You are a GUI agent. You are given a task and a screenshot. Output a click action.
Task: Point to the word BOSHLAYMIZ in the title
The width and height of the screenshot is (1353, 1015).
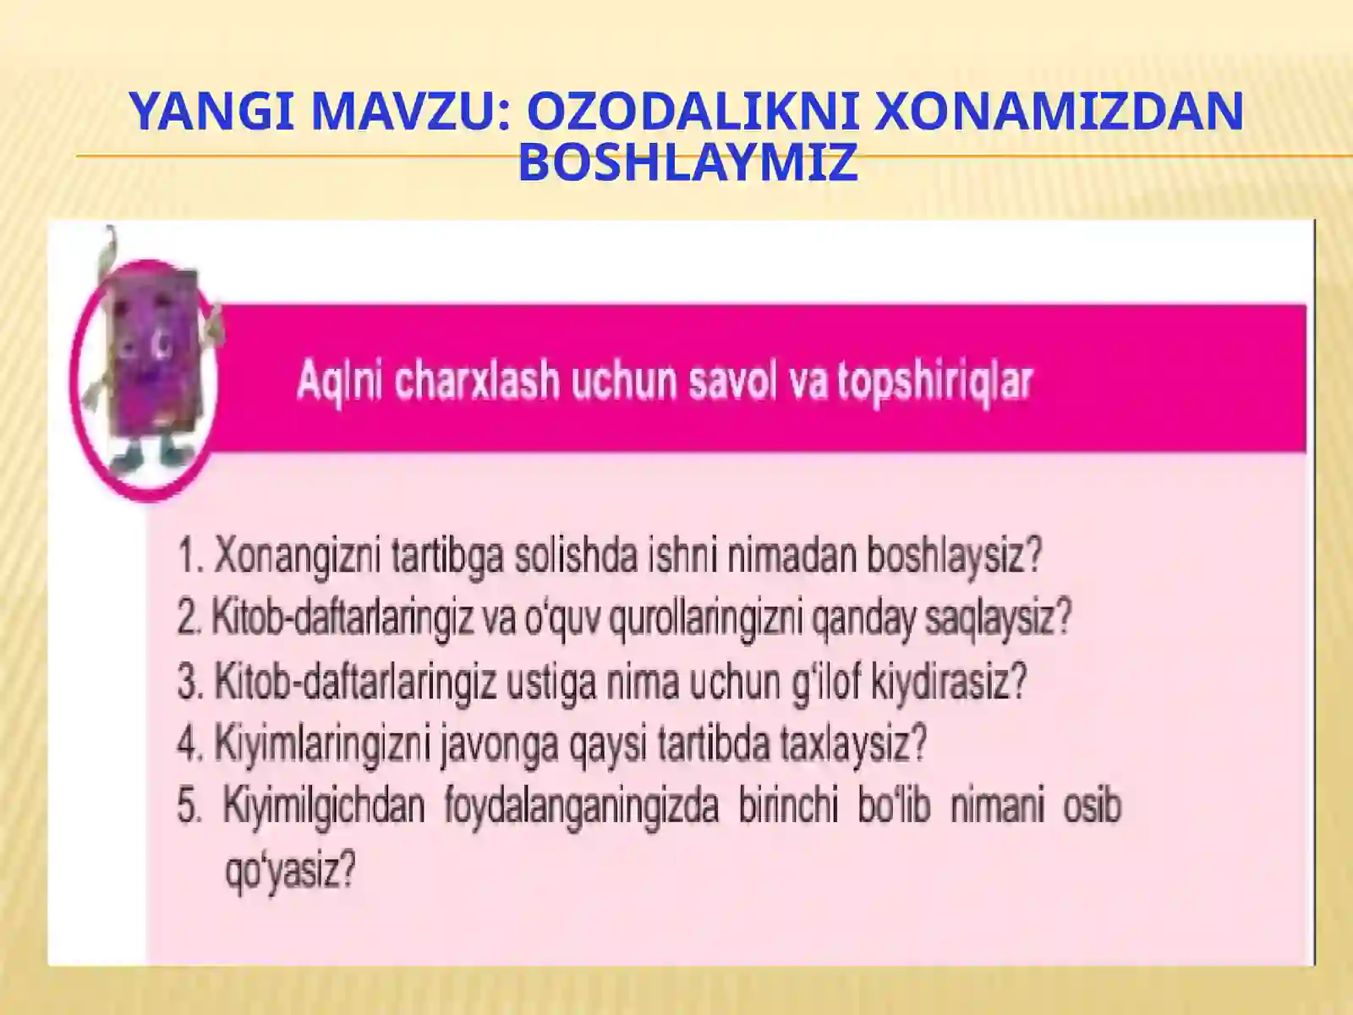coord(687,162)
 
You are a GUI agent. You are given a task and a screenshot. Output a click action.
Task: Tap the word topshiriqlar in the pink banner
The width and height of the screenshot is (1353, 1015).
coord(935,381)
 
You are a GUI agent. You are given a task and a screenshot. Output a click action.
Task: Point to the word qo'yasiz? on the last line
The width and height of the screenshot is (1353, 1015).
coord(288,870)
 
